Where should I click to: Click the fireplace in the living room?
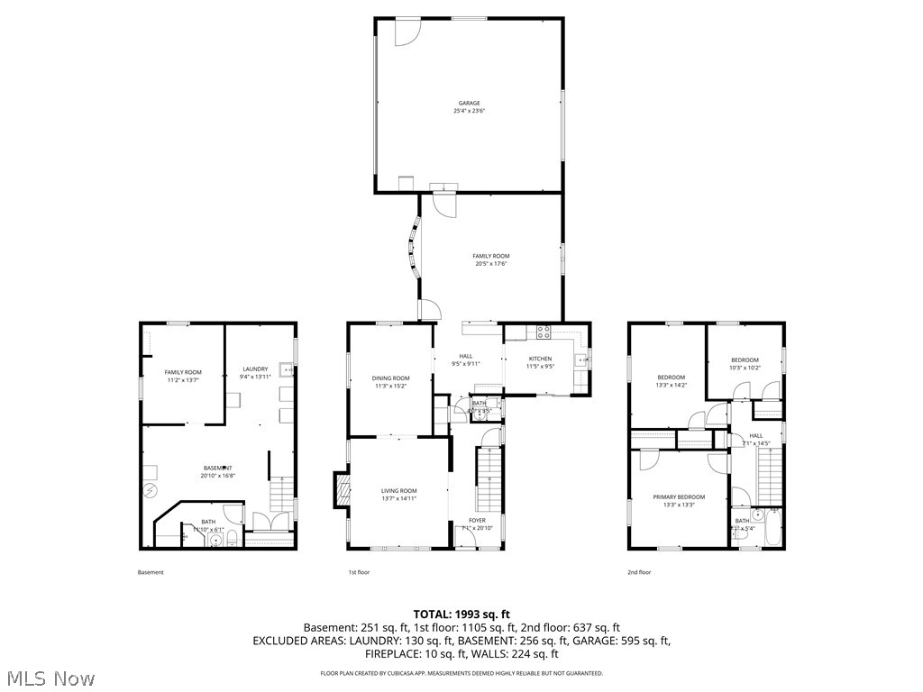click(x=342, y=492)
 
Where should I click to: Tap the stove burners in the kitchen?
click(x=544, y=331)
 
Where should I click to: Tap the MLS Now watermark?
click(x=50, y=677)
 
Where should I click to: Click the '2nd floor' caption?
click(x=638, y=572)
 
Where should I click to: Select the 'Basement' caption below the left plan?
click(x=151, y=572)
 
